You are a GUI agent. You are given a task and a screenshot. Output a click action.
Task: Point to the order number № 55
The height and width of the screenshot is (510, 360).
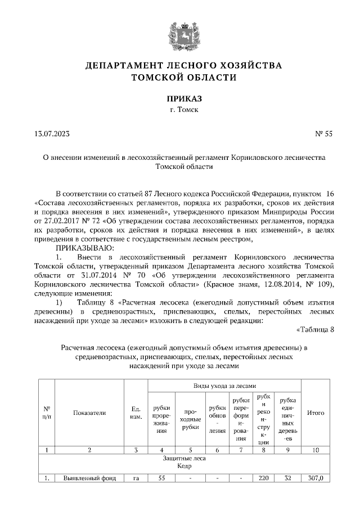324,133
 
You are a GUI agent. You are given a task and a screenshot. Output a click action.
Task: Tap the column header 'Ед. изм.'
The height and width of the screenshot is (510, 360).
136,413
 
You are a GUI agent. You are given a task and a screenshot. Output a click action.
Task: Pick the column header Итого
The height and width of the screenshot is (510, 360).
316,413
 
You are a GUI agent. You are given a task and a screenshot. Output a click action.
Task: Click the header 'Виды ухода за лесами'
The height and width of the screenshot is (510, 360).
224,386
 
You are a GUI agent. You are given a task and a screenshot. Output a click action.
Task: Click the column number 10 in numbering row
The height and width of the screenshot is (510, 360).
316,450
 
